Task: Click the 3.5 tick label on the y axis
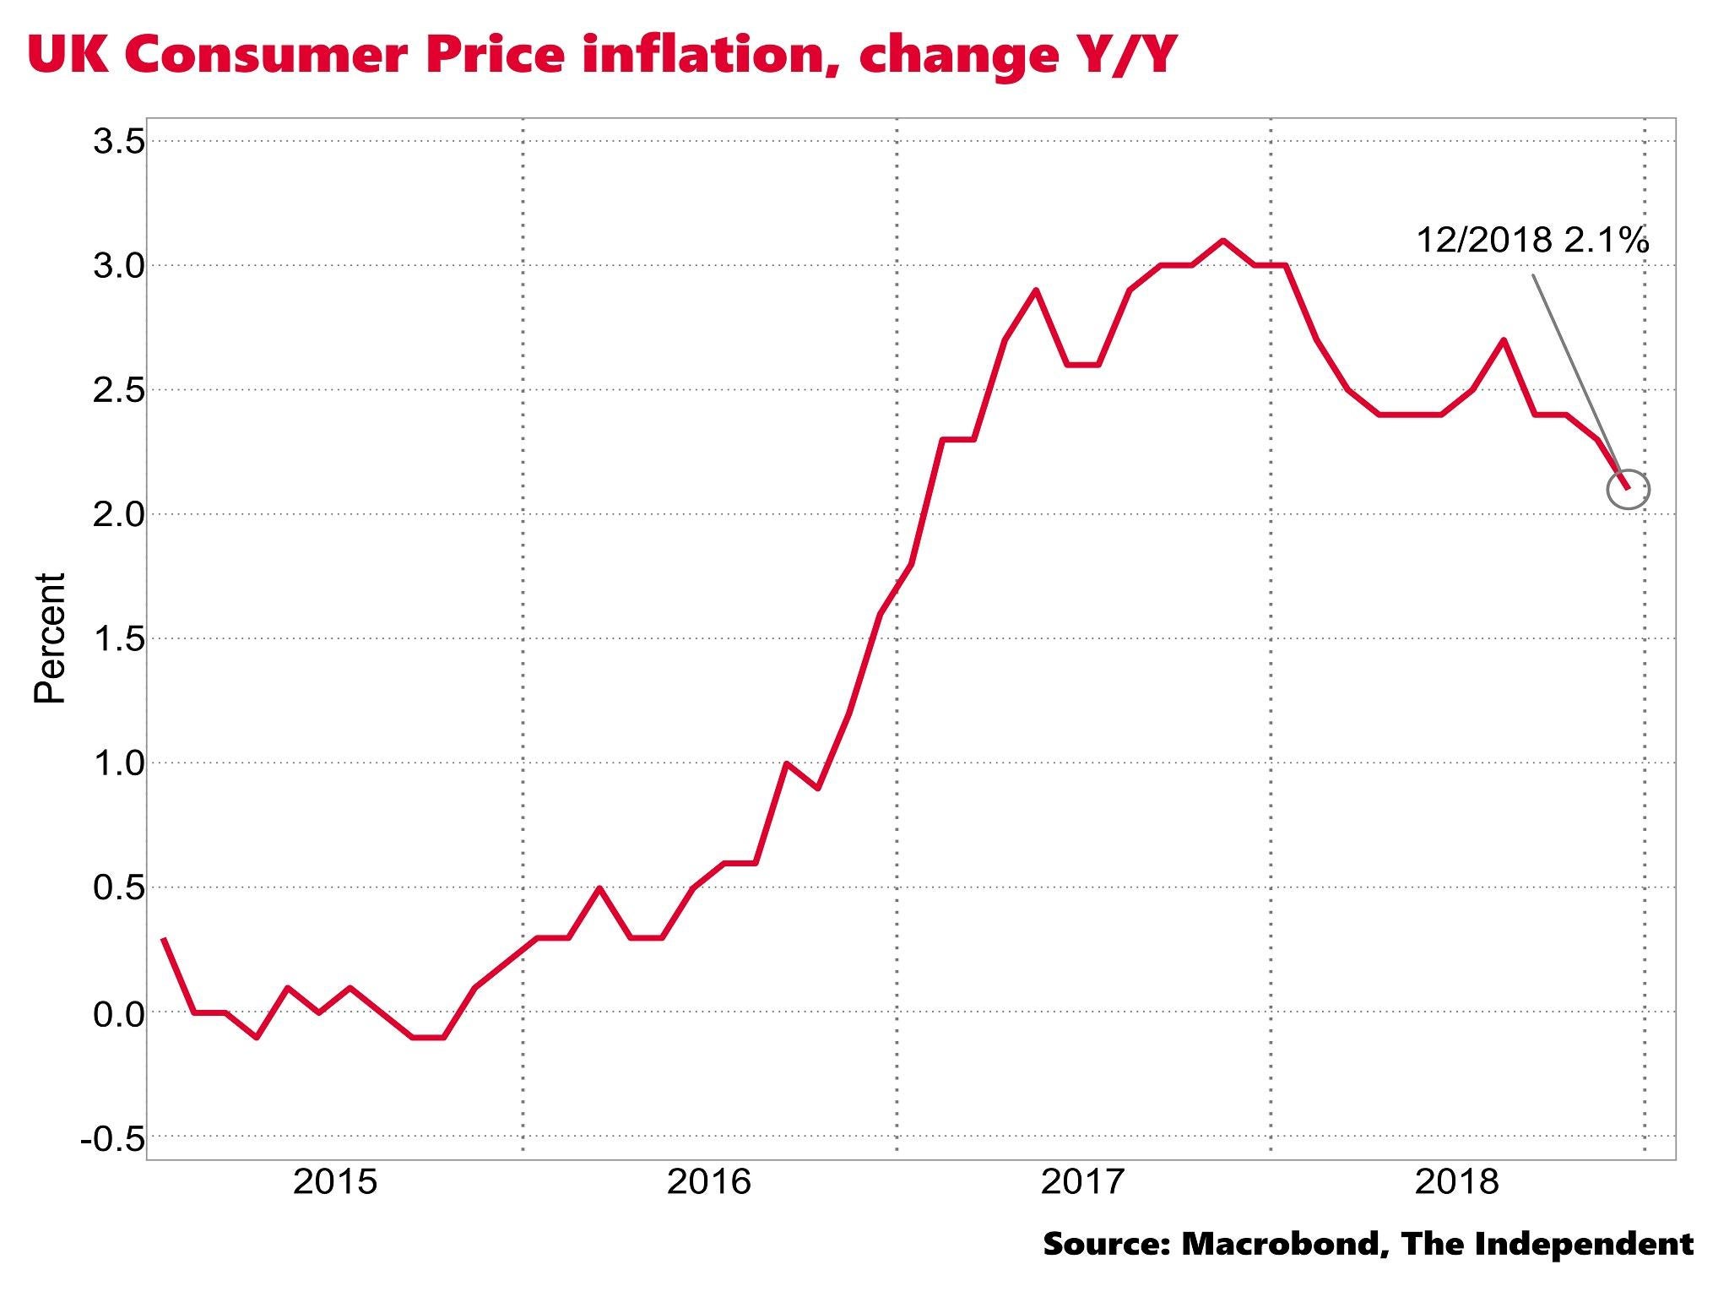tap(119, 142)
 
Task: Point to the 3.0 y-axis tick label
tap(119, 266)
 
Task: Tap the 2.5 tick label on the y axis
tap(119, 390)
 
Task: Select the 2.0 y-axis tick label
tap(119, 514)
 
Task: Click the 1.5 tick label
tap(119, 639)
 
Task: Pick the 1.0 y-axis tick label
tap(119, 763)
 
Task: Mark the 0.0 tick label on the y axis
tap(119, 1012)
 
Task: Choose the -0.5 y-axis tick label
tap(112, 1137)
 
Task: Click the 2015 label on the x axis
tap(334, 1181)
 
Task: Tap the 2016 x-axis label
tap(708, 1181)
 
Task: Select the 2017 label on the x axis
tap(1082, 1181)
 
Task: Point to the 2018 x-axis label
tap(1456, 1181)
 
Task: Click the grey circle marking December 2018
tap(1629, 489)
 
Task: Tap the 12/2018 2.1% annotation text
tap(1531, 241)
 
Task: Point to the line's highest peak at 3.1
tap(1222, 241)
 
